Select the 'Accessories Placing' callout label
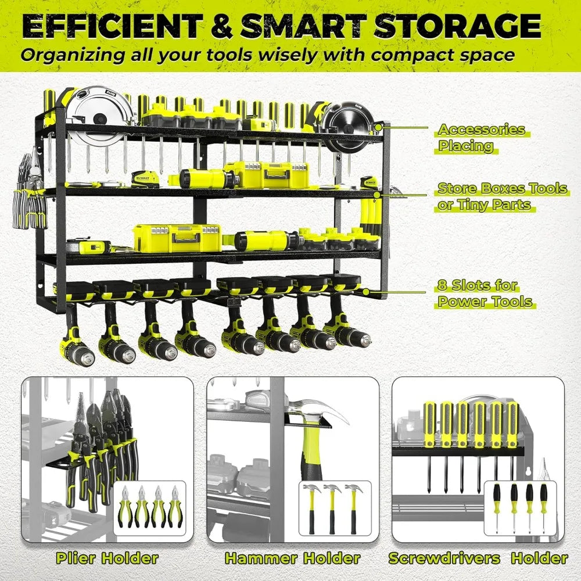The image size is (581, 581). [x=482, y=138]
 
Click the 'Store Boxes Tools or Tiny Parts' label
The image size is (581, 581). [x=502, y=196]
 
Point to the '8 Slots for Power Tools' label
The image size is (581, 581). [x=485, y=293]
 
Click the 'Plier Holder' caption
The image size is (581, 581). [x=107, y=558]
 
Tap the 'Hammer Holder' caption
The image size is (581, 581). [x=292, y=558]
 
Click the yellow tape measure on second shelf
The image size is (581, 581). [x=144, y=178]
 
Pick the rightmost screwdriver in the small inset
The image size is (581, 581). [x=543, y=505]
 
